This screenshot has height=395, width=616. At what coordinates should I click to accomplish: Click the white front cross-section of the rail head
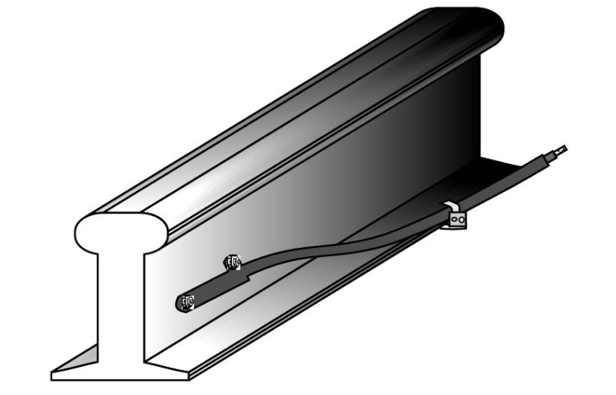(120, 231)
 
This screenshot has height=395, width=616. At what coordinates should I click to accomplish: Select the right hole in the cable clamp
(460, 216)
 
